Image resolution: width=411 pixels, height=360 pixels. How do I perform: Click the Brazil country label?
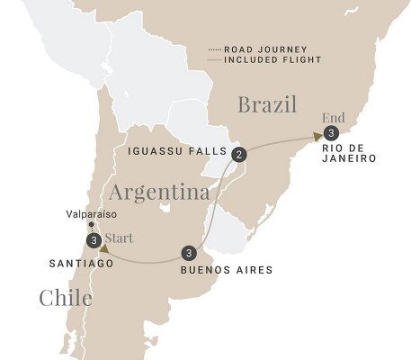click(267, 104)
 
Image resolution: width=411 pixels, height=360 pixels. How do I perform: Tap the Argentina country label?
click(159, 192)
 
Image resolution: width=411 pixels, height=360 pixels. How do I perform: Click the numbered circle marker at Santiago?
click(94, 240)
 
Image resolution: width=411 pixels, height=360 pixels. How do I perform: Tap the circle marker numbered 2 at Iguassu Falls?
click(238, 155)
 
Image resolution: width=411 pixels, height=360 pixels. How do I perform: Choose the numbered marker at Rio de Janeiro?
click(332, 134)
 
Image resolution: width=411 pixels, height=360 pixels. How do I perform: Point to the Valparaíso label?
click(94, 215)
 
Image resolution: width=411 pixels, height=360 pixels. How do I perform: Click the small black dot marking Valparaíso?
click(94, 227)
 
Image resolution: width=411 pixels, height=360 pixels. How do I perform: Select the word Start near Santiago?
click(120, 239)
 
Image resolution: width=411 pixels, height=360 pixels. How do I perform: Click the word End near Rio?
click(330, 115)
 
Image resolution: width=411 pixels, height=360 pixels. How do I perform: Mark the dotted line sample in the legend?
click(213, 49)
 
